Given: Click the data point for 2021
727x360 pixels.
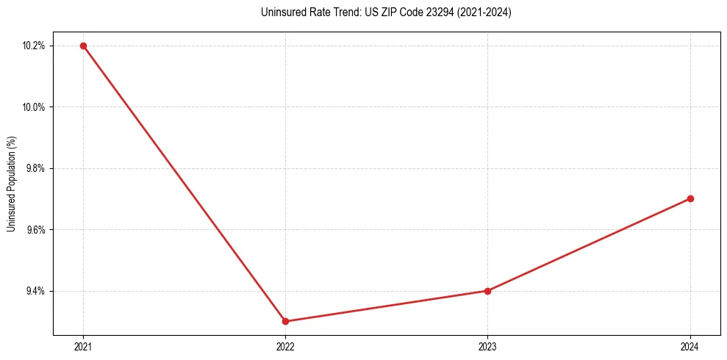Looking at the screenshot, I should pos(83,46).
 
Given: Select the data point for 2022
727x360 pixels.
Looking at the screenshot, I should pos(285,321).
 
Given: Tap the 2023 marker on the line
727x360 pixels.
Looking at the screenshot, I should pos(487,291).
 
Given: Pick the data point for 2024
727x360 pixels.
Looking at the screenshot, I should pos(690,198).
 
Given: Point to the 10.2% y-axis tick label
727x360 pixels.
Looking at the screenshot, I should pos(35,46).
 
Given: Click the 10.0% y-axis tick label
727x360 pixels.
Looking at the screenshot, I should pos(35,107).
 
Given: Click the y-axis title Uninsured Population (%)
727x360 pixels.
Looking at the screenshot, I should pos(11,184).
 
